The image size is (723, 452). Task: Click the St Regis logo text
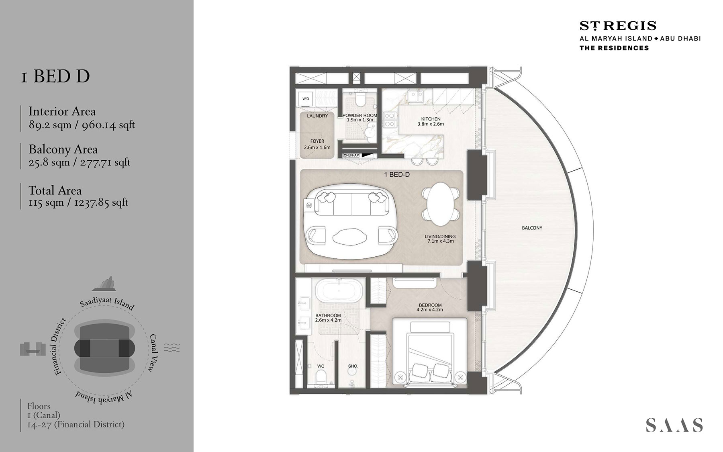pyautogui.click(x=618, y=26)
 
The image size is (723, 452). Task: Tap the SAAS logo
pyautogui.click(x=674, y=425)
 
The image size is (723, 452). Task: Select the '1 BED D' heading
pyautogui.click(x=55, y=76)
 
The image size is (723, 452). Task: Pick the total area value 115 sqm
pyautogui.click(x=46, y=202)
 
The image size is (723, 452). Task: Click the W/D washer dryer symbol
pyautogui.click(x=306, y=99)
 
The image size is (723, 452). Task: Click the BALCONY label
pyautogui.click(x=532, y=228)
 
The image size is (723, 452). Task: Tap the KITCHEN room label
pyautogui.click(x=431, y=119)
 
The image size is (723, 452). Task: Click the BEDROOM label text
pyautogui.click(x=430, y=305)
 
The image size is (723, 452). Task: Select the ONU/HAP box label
pyautogui.click(x=351, y=155)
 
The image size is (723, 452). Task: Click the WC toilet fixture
pyautogui.click(x=321, y=377)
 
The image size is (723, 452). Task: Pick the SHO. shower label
pyautogui.click(x=353, y=366)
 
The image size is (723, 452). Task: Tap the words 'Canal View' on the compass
pyautogui.click(x=153, y=353)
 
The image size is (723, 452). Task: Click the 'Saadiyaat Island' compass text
pyautogui.click(x=107, y=303)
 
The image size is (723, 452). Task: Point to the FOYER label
pyautogui.click(x=317, y=141)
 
